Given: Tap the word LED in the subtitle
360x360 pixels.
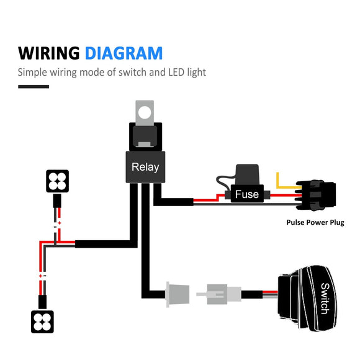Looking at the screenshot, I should pos(175,72).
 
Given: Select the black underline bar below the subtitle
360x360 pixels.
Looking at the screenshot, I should pos(34,86).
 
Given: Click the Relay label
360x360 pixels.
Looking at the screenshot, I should pos(145,167).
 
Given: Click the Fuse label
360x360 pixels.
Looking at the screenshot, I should pos(246,194).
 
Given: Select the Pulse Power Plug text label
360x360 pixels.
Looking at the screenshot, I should pos(315,222).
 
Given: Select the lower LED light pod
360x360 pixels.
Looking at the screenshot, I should pos(42,320).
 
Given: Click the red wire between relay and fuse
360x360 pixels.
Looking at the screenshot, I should pos(209,199).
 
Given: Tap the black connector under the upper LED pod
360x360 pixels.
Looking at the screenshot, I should pos(56,200).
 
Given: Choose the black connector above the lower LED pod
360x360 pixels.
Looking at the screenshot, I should pos(42,301).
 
